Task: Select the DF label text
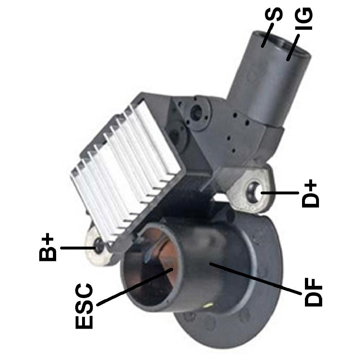point(314,292)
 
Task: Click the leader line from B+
point(78,248)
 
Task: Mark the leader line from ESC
point(135,287)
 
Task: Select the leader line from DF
point(255,279)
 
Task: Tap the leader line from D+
point(280,193)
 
